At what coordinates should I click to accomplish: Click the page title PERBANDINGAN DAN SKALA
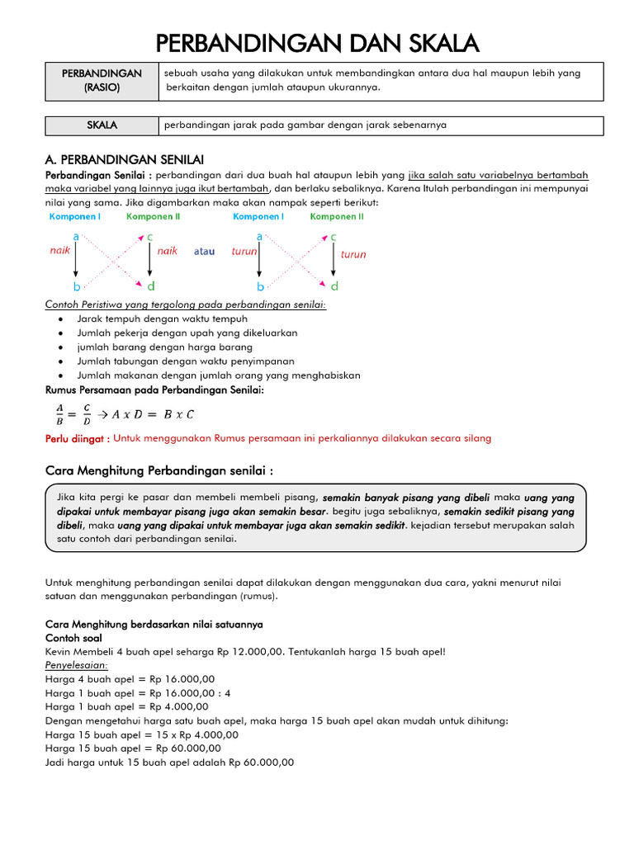coord(317,42)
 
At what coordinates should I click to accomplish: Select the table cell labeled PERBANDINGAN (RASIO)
coord(102,80)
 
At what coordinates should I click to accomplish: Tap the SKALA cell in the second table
coord(102,125)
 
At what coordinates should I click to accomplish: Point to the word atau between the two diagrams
coord(204,252)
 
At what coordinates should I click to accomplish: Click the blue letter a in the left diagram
coord(76,236)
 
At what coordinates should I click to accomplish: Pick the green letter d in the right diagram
coord(334,286)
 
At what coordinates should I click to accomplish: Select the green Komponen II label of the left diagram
coord(153,217)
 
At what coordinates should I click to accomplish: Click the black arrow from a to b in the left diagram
coord(76,262)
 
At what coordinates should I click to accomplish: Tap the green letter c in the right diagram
coord(333,237)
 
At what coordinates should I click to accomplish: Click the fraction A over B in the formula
coord(59,413)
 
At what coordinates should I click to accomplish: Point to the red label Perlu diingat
coord(77,439)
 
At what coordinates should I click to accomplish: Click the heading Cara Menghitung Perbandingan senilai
coord(158,470)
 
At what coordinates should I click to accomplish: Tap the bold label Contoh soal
coord(75,638)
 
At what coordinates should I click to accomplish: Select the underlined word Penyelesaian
coord(77,665)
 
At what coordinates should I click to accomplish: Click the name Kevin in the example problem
coord(59,651)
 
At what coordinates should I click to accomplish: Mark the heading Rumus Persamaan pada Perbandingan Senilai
coord(154,389)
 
